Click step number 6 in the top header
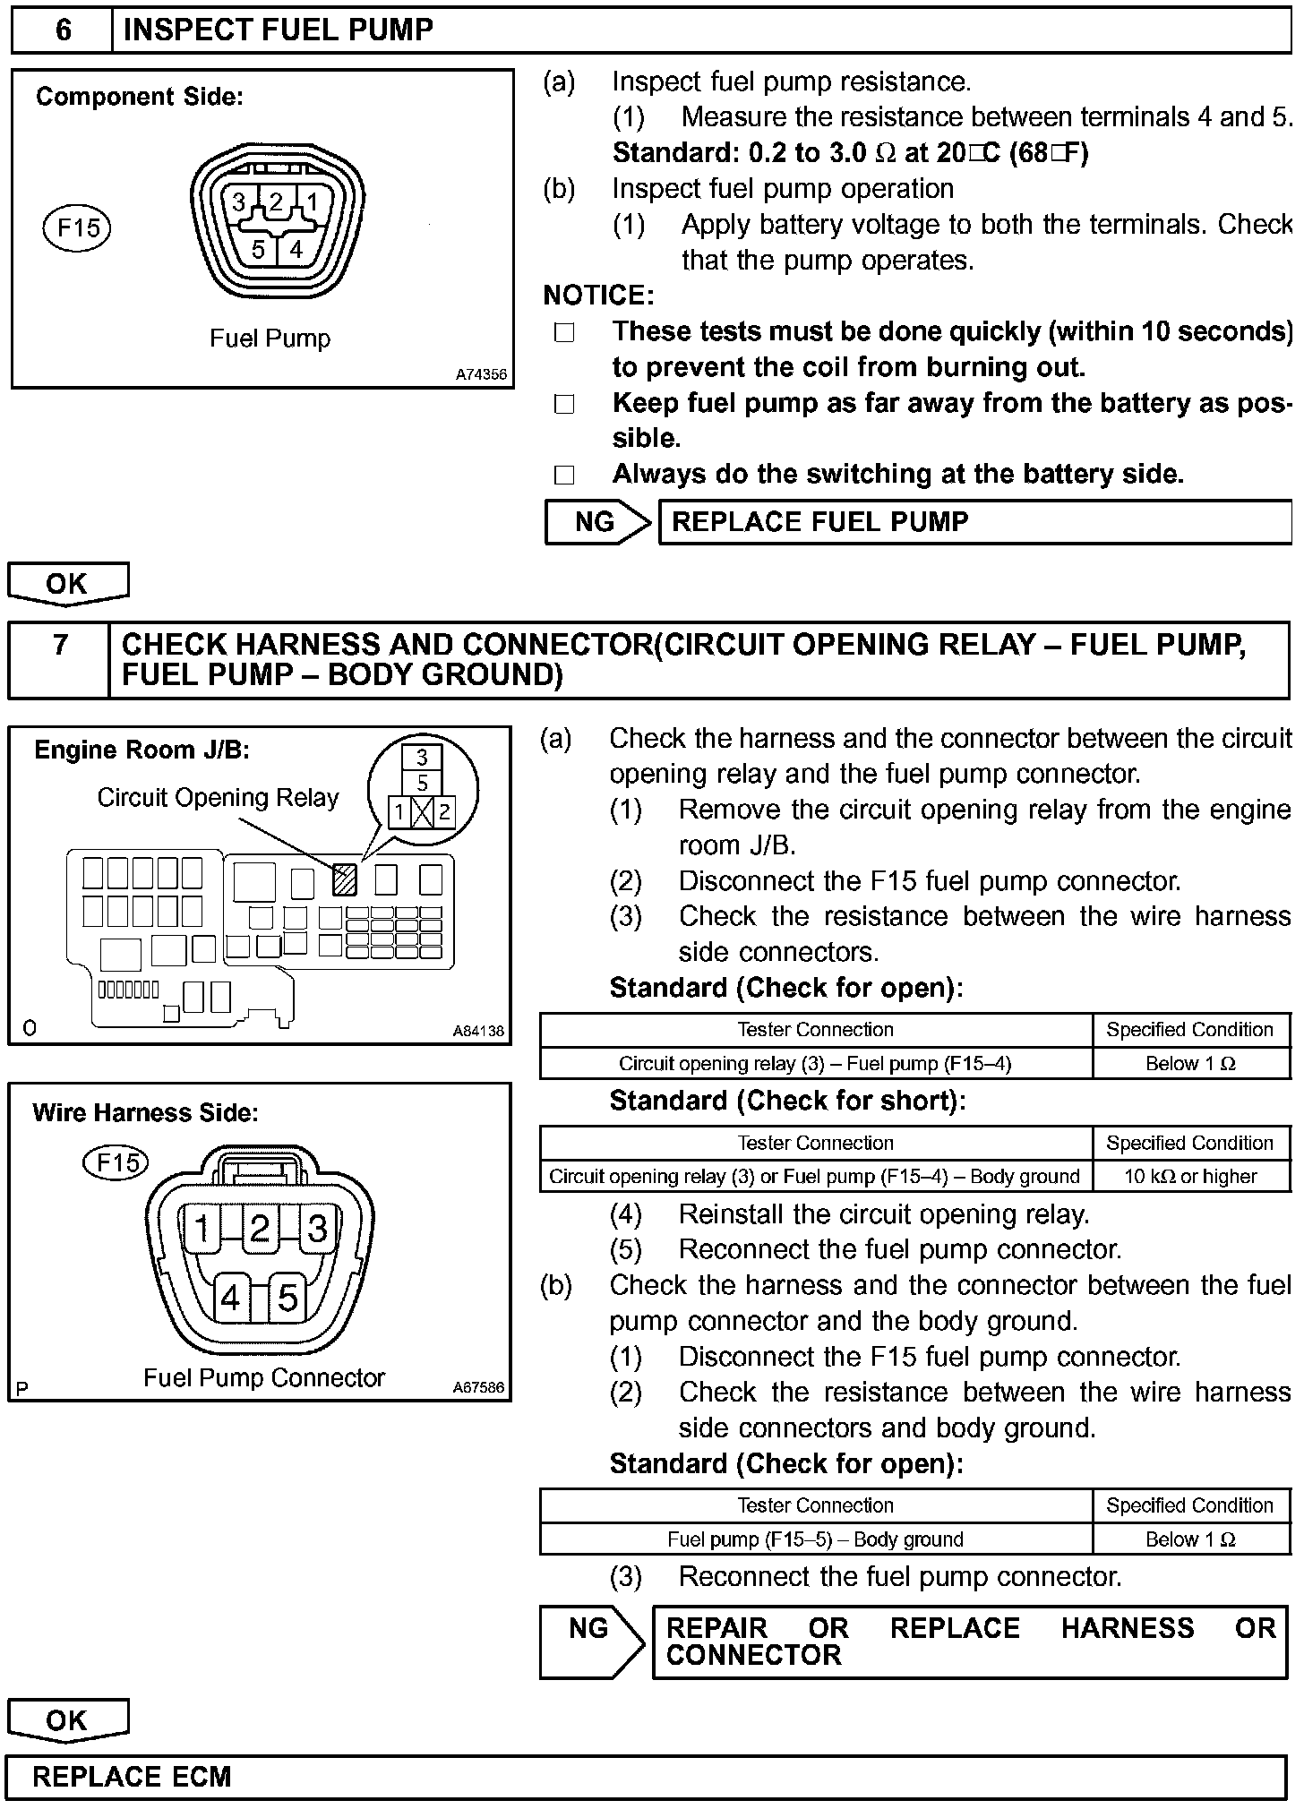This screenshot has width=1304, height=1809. point(63,30)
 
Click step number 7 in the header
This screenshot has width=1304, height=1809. point(60,646)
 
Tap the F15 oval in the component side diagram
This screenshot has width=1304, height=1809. point(78,227)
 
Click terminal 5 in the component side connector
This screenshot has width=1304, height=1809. point(259,250)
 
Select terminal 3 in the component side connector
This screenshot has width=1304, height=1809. point(239,203)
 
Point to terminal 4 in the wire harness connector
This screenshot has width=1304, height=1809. point(232,1297)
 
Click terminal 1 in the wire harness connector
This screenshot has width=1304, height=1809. point(203,1229)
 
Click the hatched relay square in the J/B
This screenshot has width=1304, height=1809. point(345,880)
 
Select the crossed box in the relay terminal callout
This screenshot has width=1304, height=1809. point(422,813)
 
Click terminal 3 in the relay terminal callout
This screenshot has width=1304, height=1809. point(422,758)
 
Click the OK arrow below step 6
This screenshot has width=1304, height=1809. point(68,584)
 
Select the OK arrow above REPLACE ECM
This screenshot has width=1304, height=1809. point(68,1720)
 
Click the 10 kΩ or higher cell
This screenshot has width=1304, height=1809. point(1190,1177)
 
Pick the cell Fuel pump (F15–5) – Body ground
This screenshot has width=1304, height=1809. point(815,1539)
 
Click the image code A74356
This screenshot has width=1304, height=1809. point(481,374)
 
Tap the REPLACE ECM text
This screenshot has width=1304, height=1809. point(132,1777)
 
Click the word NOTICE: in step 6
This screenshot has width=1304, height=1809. point(598,296)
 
